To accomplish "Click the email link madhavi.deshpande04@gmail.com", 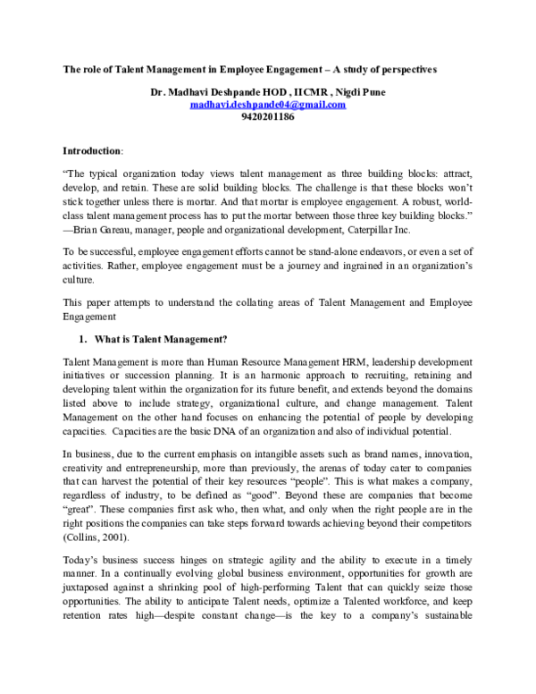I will coord(268,104).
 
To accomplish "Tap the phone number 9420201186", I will coord(268,116).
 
